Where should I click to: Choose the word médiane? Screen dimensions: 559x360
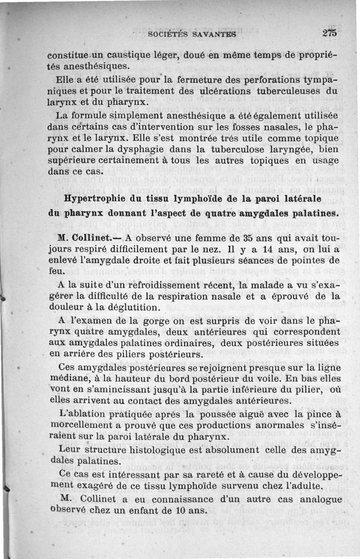(65, 379)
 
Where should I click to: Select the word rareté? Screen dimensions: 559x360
(200, 476)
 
